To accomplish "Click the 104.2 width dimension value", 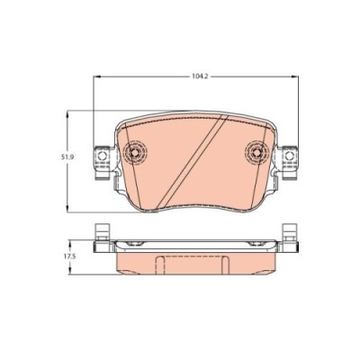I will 188,77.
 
